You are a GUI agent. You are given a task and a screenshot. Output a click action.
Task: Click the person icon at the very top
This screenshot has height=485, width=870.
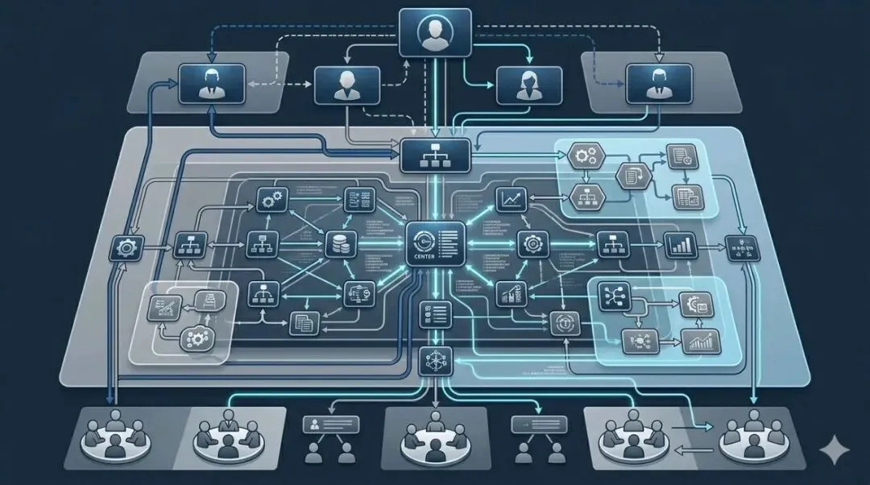click(435, 33)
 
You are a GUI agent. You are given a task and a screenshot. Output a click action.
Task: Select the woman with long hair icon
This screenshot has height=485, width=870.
click(527, 85)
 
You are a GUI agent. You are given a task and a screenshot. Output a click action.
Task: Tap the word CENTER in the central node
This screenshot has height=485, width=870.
click(422, 259)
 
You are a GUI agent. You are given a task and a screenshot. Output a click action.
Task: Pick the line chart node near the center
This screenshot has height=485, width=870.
click(509, 197)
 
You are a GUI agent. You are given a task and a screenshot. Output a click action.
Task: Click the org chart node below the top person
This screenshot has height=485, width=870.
click(435, 154)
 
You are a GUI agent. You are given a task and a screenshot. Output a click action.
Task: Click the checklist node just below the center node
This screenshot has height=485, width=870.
click(428, 313)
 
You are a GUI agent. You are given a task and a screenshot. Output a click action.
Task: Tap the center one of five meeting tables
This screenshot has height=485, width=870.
click(435, 437)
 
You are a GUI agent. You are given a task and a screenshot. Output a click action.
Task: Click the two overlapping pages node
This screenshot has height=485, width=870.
click(304, 323)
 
